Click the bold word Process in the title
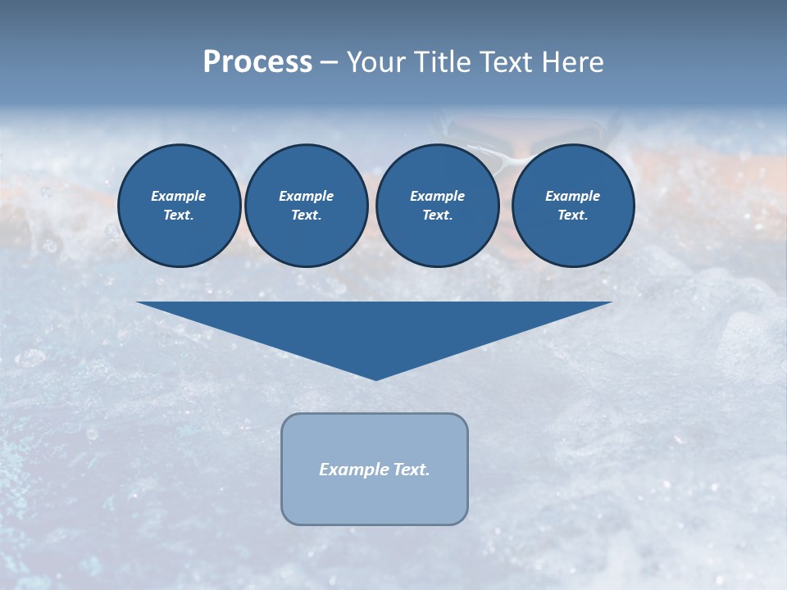tap(257, 62)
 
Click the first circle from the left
tap(179, 206)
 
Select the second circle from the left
tap(306, 206)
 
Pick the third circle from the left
tap(437, 206)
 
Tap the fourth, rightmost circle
tap(572, 206)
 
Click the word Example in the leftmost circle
tap(179, 196)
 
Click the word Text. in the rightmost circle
tap(572, 216)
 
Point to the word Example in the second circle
tap(306, 196)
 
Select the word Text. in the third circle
tap(437, 216)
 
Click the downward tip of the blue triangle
tap(375, 378)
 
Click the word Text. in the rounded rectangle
tap(412, 470)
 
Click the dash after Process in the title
tap(329, 63)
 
